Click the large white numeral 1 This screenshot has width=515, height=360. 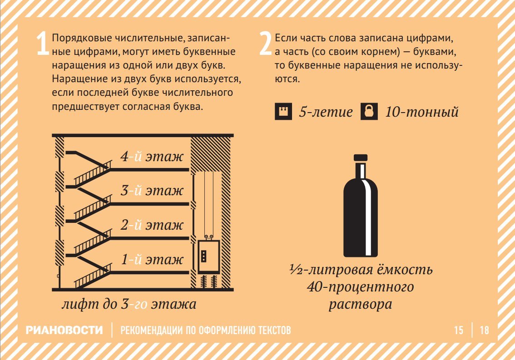42,44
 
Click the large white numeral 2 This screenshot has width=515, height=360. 265,44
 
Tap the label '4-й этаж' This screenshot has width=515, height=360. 152,156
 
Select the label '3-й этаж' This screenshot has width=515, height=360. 152,191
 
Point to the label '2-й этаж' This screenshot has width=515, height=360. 152,225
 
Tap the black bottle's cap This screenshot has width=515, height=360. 360,158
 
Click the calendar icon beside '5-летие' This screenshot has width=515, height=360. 283,111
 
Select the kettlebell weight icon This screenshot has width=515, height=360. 369,111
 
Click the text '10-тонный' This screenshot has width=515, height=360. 421,112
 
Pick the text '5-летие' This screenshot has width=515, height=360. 326,112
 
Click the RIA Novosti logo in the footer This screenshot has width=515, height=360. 64,330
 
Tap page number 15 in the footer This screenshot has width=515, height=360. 459,330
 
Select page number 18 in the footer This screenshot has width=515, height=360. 485,330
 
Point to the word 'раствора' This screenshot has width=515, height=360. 360,304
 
